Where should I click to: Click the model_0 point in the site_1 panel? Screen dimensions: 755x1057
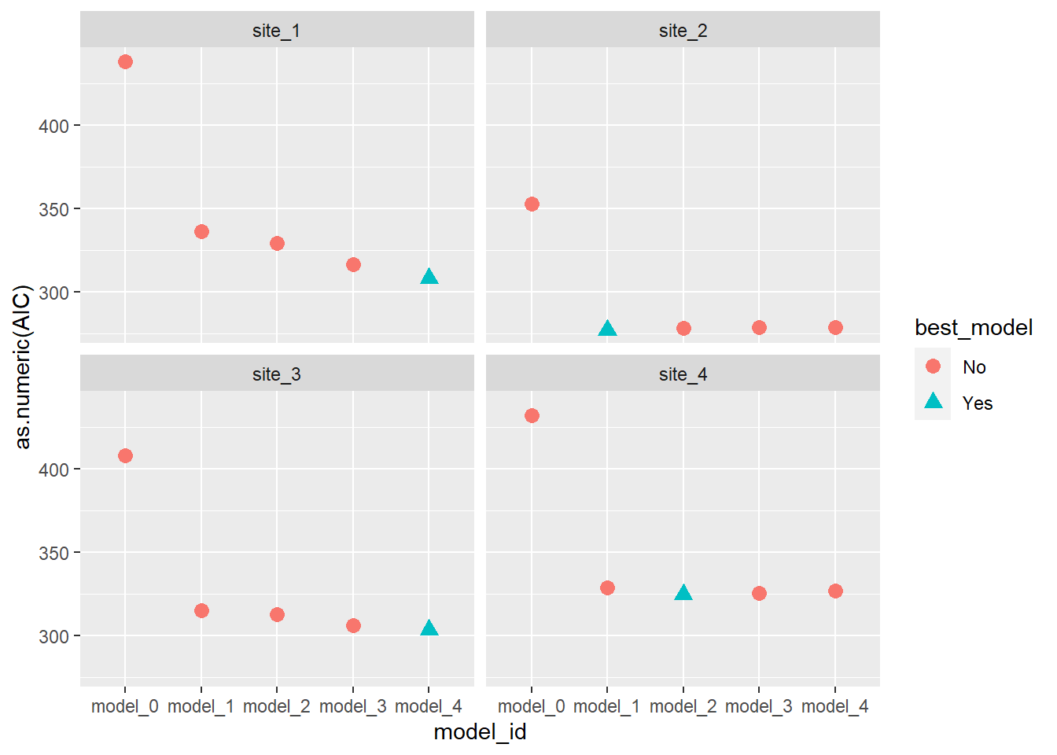point(125,62)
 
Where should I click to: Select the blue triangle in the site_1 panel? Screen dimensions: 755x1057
point(429,277)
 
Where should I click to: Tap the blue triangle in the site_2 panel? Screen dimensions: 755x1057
point(607,329)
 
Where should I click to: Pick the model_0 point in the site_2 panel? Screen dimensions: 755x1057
point(532,204)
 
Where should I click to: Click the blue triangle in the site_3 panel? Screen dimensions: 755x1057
point(429,628)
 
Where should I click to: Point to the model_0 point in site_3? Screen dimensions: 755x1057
point(125,456)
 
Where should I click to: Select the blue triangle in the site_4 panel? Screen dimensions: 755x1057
point(683,593)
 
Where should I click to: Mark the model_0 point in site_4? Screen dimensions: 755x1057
point(532,416)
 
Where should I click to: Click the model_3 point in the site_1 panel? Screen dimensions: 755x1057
point(353,265)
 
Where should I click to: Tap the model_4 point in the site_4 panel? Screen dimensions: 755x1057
point(835,591)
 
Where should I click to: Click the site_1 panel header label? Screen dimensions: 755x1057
point(277,31)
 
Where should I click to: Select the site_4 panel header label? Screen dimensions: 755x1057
point(683,374)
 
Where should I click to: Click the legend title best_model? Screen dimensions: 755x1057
point(974,328)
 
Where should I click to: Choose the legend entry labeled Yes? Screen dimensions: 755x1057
point(978,403)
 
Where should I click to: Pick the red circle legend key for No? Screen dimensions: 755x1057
point(934,366)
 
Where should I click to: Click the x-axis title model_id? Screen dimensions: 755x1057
point(480,732)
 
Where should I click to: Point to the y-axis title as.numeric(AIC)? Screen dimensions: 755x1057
point(23,366)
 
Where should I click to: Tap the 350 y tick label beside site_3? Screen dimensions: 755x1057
point(53,553)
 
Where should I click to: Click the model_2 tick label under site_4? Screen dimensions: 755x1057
point(683,706)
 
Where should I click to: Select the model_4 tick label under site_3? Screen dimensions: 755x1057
point(429,706)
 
